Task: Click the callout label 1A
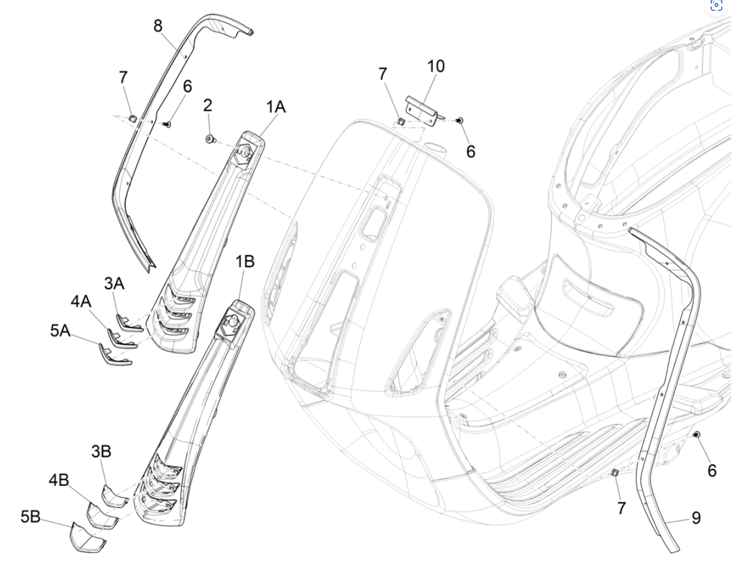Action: (x=276, y=108)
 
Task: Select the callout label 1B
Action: (x=245, y=262)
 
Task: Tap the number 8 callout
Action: (x=158, y=27)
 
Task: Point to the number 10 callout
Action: (x=436, y=67)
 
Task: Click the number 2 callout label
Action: (x=207, y=106)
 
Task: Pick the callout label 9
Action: (x=696, y=518)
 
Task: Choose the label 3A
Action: (x=115, y=284)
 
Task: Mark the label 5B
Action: (x=30, y=517)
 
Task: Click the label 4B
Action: (x=59, y=480)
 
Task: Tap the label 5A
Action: (x=59, y=330)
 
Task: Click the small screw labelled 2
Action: (x=209, y=138)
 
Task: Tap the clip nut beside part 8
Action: (x=133, y=117)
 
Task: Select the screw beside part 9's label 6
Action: (x=697, y=435)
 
